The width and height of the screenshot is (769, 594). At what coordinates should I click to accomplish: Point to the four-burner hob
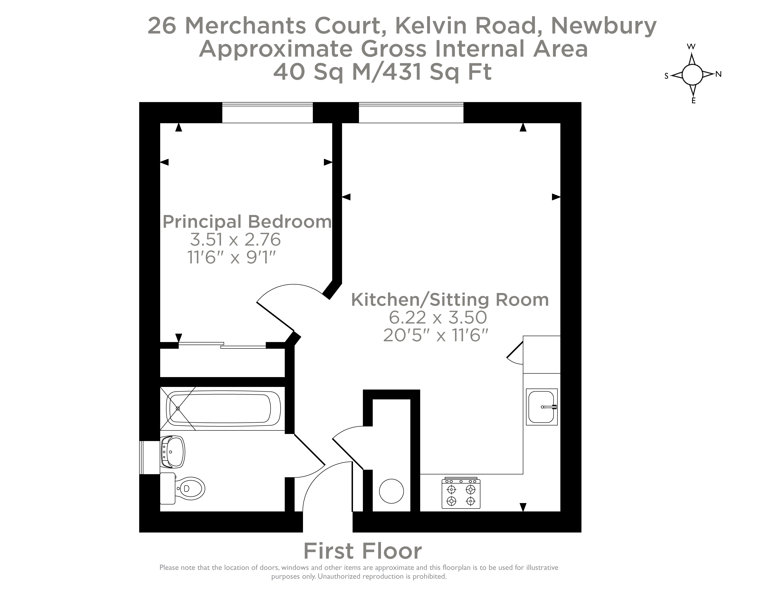coord(461,494)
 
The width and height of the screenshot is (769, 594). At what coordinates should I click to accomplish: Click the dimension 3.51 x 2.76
coord(235,240)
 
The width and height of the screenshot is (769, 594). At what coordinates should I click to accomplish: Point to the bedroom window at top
coord(267,113)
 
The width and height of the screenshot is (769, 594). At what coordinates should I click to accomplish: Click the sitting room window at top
coord(411,113)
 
